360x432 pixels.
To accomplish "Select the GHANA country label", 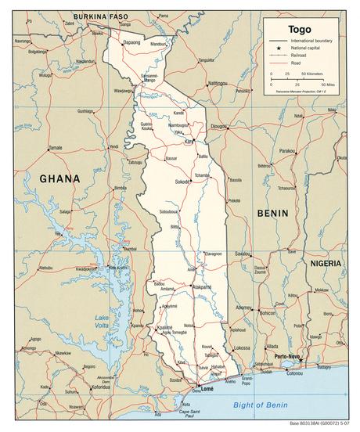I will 59,178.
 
